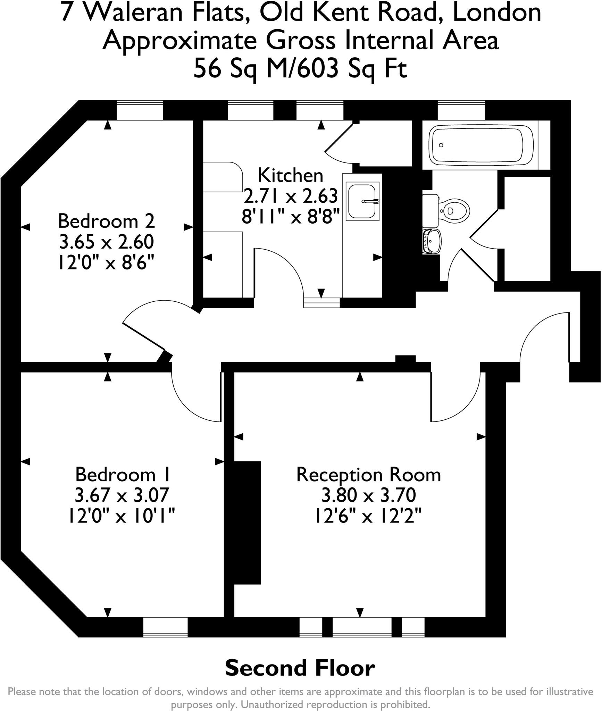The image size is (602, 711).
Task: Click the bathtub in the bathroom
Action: coord(480,145)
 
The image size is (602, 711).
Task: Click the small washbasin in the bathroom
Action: coord(433,241)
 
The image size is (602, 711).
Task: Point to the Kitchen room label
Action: coord(290,175)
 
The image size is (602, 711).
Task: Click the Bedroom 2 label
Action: coord(106,221)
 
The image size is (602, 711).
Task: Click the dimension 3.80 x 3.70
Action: coord(368,495)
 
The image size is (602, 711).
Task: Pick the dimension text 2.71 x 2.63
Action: coord(290,196)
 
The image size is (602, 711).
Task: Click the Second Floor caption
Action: coord(300,668)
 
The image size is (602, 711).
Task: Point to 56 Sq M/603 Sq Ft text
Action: coord(300,68)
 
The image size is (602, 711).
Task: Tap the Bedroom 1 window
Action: coord(166,627)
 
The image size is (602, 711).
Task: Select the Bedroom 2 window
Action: coord(140,110)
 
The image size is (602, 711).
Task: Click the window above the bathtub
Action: coord(461,110)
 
